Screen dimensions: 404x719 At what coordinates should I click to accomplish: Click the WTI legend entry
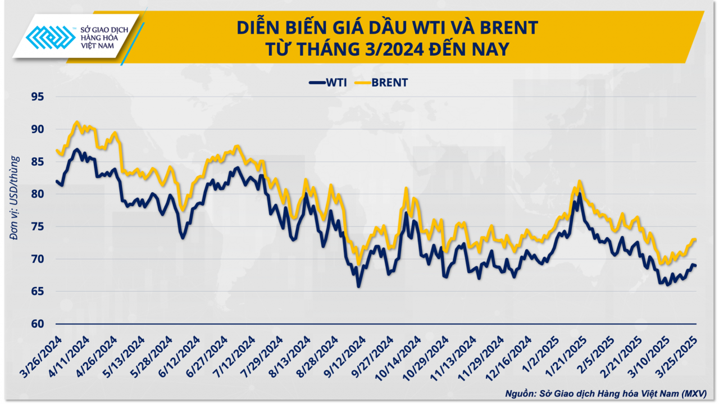click(x=328, y=83)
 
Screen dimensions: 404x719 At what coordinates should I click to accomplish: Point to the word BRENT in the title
click(x=508, y=27)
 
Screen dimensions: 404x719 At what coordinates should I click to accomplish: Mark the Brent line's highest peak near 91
click(x=78, y=121)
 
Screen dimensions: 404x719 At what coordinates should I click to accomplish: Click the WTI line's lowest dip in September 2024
click(x=358, y=286)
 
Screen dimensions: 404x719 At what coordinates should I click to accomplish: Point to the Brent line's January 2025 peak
click(x=579, y=181)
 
